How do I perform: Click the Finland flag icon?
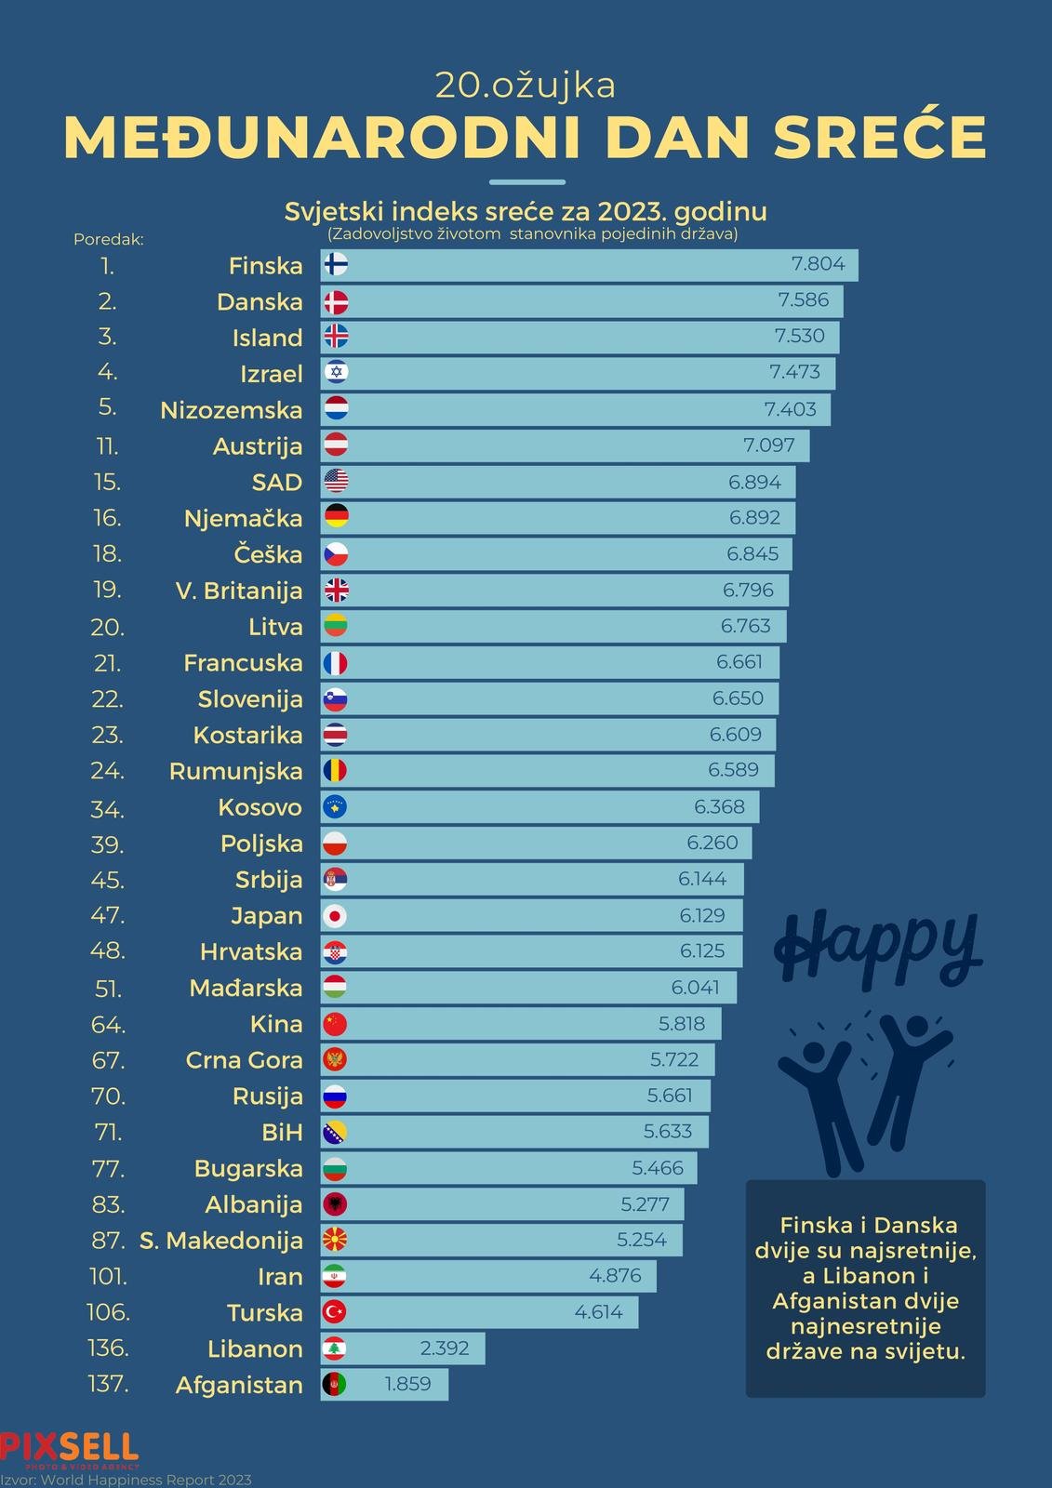[336, 265]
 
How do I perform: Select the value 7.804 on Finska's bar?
[818, 264]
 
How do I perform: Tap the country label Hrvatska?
[251, 952]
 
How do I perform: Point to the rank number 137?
[109, 1384]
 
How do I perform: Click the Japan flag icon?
[335, 916]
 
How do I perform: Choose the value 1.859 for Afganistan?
[407, 1384]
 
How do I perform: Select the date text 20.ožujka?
[526, 85]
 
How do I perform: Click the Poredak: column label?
[109, 239]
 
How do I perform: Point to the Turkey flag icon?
[335, 1312]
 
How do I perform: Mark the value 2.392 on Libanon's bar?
[445, 1348]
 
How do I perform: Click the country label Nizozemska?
[232, 410]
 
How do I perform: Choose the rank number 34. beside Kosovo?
[107, 809]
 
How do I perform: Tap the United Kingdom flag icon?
[336, 590]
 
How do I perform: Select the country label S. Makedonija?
[221, 1241]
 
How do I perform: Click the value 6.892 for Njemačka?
[754, 518]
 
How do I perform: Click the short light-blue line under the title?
[526, 181]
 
